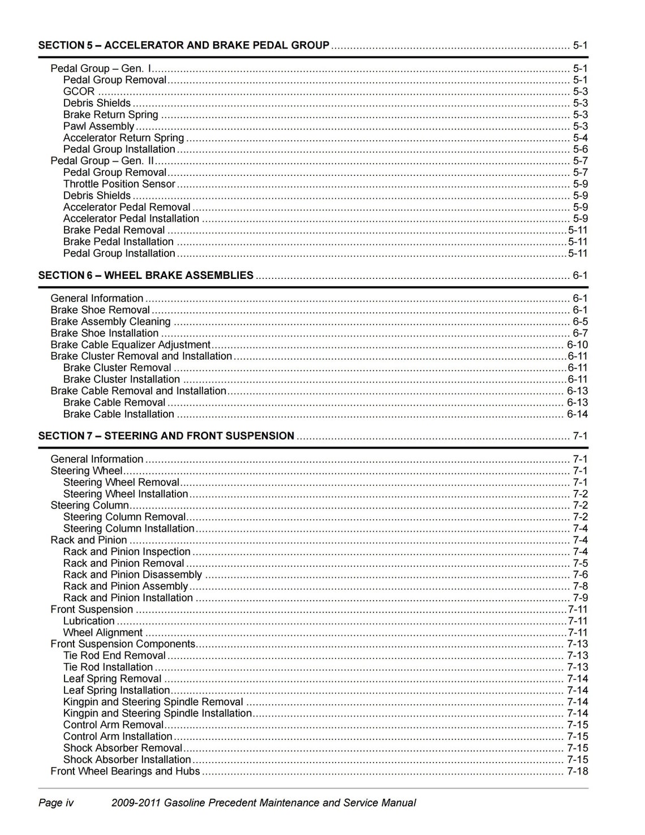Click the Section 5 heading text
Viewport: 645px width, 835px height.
(183, 45)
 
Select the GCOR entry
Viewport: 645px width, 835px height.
(79, 92)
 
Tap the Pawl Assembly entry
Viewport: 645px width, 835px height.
(98, 126)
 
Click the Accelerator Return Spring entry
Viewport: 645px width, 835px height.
(123, 138)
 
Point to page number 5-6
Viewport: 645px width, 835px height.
(580, 149)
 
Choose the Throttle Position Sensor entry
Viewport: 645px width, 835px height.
(119, 184)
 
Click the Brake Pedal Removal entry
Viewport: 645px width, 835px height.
(114, 230)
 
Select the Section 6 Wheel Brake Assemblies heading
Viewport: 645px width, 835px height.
(145, 276)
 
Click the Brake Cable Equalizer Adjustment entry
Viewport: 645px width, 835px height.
(130, 345)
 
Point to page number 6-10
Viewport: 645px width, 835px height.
(577, 345)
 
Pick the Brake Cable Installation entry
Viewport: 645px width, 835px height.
(118, 414)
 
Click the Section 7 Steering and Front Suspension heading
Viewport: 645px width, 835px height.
(166, 436)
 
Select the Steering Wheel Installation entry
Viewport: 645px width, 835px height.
(125, 494)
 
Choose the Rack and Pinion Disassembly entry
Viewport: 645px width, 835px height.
(132, 575)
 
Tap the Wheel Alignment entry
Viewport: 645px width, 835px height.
(102, 632)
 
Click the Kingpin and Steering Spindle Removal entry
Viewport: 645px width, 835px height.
(153, 702)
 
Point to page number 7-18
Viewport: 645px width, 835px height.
(577, 771)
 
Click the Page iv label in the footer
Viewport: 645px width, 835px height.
(56, 803)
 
